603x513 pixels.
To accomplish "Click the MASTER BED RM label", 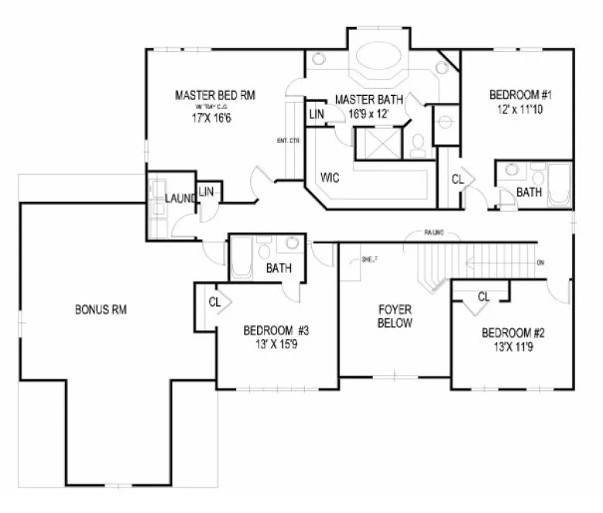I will pyautogui.click(x=215, y=96).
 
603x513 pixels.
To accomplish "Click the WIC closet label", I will pyautogui.click(x=330, y=178).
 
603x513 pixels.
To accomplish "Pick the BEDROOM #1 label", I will pyautogui.click(x=520, y=95).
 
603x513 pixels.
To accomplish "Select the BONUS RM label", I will pyautogui.click(x=100, y=310).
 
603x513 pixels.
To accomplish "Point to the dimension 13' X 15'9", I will pyautogui.click(x=276, y=345).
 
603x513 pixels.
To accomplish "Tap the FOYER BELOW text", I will pyautogui.click(x=395, y=317).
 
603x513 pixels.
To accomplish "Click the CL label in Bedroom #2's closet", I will pyautogui.click(x=484, y=297).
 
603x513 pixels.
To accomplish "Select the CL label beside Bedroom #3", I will pyautogui.click(x=215, y=302).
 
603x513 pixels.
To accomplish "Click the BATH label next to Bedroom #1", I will pyautogui.click(x=529, y=192).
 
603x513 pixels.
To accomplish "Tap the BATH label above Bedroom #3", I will pyautogui.click(x=277, y=269).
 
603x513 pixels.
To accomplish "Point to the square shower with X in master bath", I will pyautogui.click(x=375, y=144).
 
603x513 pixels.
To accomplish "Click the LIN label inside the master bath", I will pyautogui.click(x=317, y=114).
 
